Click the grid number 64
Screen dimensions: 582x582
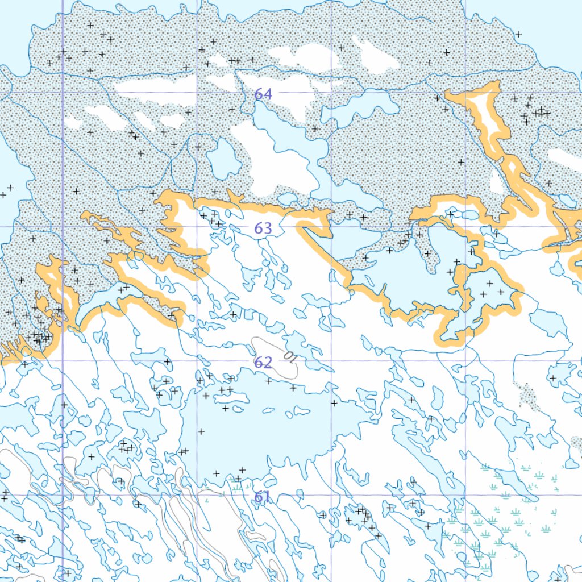tap(263, 94)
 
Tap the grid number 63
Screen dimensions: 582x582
tap(263, 228)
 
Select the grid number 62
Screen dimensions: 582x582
tap(263, 363)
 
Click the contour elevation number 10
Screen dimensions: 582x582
tap(289, 357)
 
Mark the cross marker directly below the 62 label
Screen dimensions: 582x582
tap(268, 381)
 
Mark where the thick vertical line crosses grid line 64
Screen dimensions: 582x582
tap(62, 92)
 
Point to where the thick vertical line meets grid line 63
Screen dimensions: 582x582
tap(62, 227)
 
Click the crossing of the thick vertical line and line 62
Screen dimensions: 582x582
tap(62, 361)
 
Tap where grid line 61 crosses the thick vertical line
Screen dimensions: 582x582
tap(62, 495)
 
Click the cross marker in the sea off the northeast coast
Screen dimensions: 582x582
tap(518, 34)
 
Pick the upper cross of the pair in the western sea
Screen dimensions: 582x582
tap(10, 187)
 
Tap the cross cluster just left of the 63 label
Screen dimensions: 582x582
tap(211, 218)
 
